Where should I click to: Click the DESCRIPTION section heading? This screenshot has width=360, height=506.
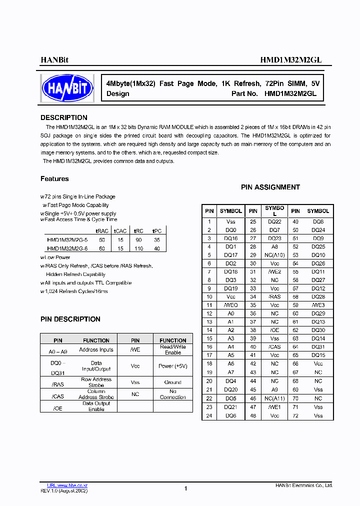click(x=63, y=118)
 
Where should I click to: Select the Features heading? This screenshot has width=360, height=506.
click(x=54, y=179)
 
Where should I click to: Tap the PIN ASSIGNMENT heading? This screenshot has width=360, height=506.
click(x=270, y=187)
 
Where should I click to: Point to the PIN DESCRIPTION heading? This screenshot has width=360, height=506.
click(x=70, y=319)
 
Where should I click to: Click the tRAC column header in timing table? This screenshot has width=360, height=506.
click(x=102, y=231)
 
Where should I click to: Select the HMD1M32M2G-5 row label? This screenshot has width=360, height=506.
click(x=67, y=240)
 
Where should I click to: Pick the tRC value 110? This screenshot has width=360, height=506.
click(x=138, y=248)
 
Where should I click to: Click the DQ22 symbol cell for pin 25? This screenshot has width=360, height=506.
click(x=274, y=221)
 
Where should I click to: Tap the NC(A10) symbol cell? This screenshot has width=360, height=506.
click(x=274, y=255)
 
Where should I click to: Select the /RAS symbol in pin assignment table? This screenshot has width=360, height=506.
click(x=274, y=297)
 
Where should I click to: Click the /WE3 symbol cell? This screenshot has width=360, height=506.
click(x=318, y=305)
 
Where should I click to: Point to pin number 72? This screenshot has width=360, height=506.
click(x=295, y=416)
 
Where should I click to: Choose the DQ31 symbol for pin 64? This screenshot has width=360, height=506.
click(x=318, y=347)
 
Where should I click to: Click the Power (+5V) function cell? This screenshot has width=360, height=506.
click(x=172, y=366)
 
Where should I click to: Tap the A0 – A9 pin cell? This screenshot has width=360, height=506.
click(x=58, y=350)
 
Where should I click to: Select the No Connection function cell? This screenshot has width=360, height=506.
click(x=172, y=394)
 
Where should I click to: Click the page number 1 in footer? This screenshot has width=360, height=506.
click(x=185, y=488)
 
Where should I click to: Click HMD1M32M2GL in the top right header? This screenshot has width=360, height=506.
click(x=290, y=59)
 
